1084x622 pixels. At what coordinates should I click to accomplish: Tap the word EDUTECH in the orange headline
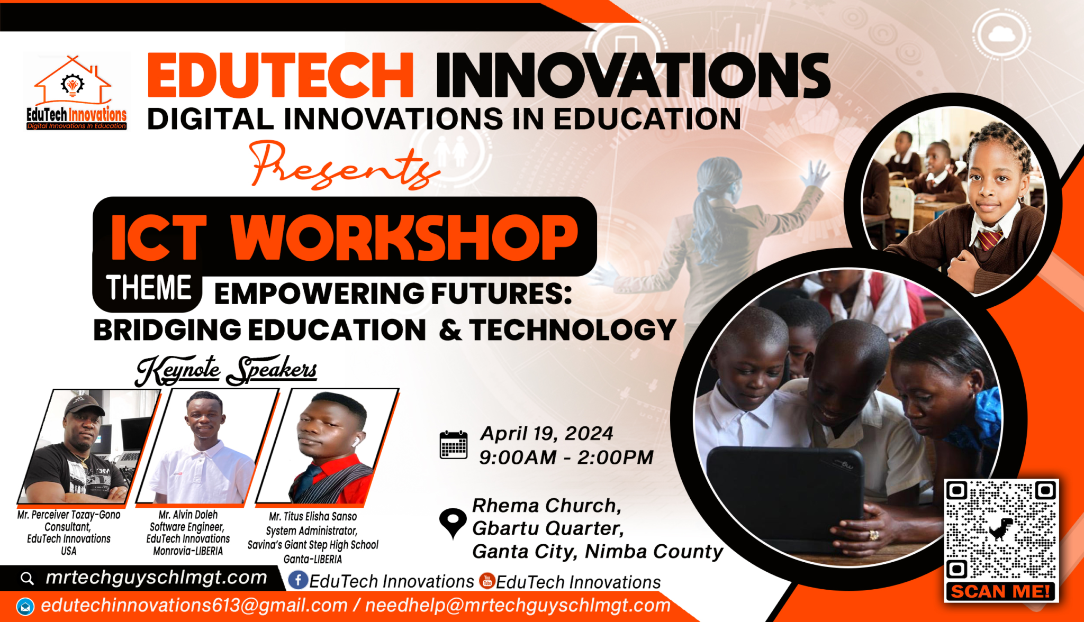280,76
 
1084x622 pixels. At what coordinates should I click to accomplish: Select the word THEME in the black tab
149,288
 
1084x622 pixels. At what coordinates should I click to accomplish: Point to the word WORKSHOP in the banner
404,237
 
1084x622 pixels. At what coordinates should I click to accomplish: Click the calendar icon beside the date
454,445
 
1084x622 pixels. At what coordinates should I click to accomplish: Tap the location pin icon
453,523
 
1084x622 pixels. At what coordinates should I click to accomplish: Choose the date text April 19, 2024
546,434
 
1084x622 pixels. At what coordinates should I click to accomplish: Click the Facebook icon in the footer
298,580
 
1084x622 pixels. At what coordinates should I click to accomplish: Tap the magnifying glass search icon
27,578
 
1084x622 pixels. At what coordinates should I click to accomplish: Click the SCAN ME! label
1000,591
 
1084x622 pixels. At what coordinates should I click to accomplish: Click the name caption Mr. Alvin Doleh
188,515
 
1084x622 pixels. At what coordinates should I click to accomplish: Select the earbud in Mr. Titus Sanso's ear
356,440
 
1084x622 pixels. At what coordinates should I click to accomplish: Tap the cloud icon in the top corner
1001,34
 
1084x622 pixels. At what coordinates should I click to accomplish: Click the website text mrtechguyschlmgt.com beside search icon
156,578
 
